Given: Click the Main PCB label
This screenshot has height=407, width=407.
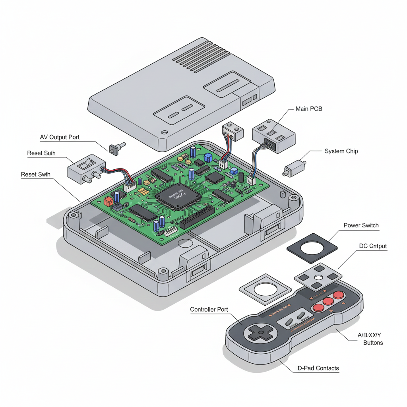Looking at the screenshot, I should pyautogui.click(x=309, y=109).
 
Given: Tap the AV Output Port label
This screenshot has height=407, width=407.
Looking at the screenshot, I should pyautogui.click(x=60, y=137).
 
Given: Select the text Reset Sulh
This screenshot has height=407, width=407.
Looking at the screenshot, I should pyautogui.click(x=41, y=153).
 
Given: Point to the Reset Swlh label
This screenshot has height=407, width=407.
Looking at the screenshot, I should pyautogui.click(x=36, y=174).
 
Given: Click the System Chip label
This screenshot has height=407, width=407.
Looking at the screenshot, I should pyautogui.click(x=341, y=151).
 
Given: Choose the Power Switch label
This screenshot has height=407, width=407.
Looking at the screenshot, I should pyautogui.click(x=361, y=225).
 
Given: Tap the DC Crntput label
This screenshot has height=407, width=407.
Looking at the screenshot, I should pyautogui.click(x=373, y=246).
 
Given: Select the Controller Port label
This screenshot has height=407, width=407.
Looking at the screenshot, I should pyautogui.click(x=209, y=309).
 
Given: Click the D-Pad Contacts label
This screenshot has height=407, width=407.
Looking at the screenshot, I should pyautogui.click(x=318, y=368).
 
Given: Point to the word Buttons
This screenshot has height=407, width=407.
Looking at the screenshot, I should pyautogui.click(x=373, y=342).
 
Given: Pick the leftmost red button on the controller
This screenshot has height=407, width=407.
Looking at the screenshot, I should pyautogui.click(x=318, y=307).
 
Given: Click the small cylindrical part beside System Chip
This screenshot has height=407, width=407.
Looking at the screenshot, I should pyautogui.click(x=294, y=168).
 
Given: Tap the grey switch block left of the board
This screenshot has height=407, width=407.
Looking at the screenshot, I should pyautogui.click(x=85, y=169).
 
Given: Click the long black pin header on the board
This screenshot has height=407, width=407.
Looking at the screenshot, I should pyautogui.click(x=196, y=217).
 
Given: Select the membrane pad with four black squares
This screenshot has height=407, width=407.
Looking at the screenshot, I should pyautogui.click(x=318, y=278).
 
